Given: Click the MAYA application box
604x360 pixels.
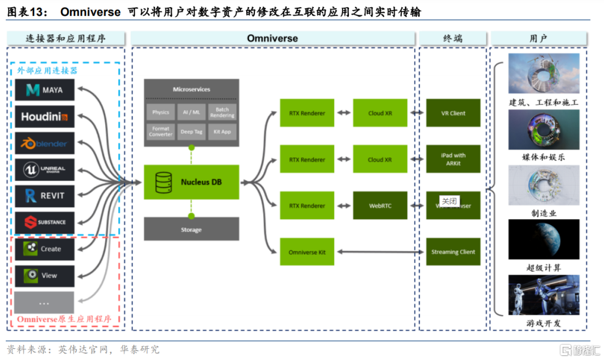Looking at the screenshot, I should point(45,90).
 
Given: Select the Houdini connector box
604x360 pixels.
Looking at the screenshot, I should point(45,116).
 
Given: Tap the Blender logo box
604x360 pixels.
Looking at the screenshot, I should point(45,143).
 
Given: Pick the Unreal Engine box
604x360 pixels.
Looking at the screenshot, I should point(45,170).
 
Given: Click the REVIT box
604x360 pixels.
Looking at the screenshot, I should point(45,196).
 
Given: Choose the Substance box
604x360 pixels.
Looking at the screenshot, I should point(45,223).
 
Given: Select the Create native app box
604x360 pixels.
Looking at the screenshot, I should point(45,249).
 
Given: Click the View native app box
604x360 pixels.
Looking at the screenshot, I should point(45,275).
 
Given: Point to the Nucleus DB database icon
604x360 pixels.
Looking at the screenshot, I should point(163,182).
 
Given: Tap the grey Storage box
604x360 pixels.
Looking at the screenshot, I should point(191,230).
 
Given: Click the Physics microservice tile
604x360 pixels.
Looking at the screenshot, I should point(160,112).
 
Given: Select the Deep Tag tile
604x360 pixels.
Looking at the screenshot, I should point(191,132).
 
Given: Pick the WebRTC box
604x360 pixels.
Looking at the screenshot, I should point(380,206).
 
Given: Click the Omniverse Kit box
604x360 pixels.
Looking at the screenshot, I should point(307,252).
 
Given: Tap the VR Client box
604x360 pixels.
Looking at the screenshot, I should point(453,113).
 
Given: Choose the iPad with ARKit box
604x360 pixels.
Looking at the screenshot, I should point(453,159).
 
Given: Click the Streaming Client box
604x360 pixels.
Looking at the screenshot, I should point(453,252).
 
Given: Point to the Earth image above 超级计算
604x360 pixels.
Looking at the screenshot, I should point(543,239).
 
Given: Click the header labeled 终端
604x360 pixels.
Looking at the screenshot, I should point(452,39).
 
